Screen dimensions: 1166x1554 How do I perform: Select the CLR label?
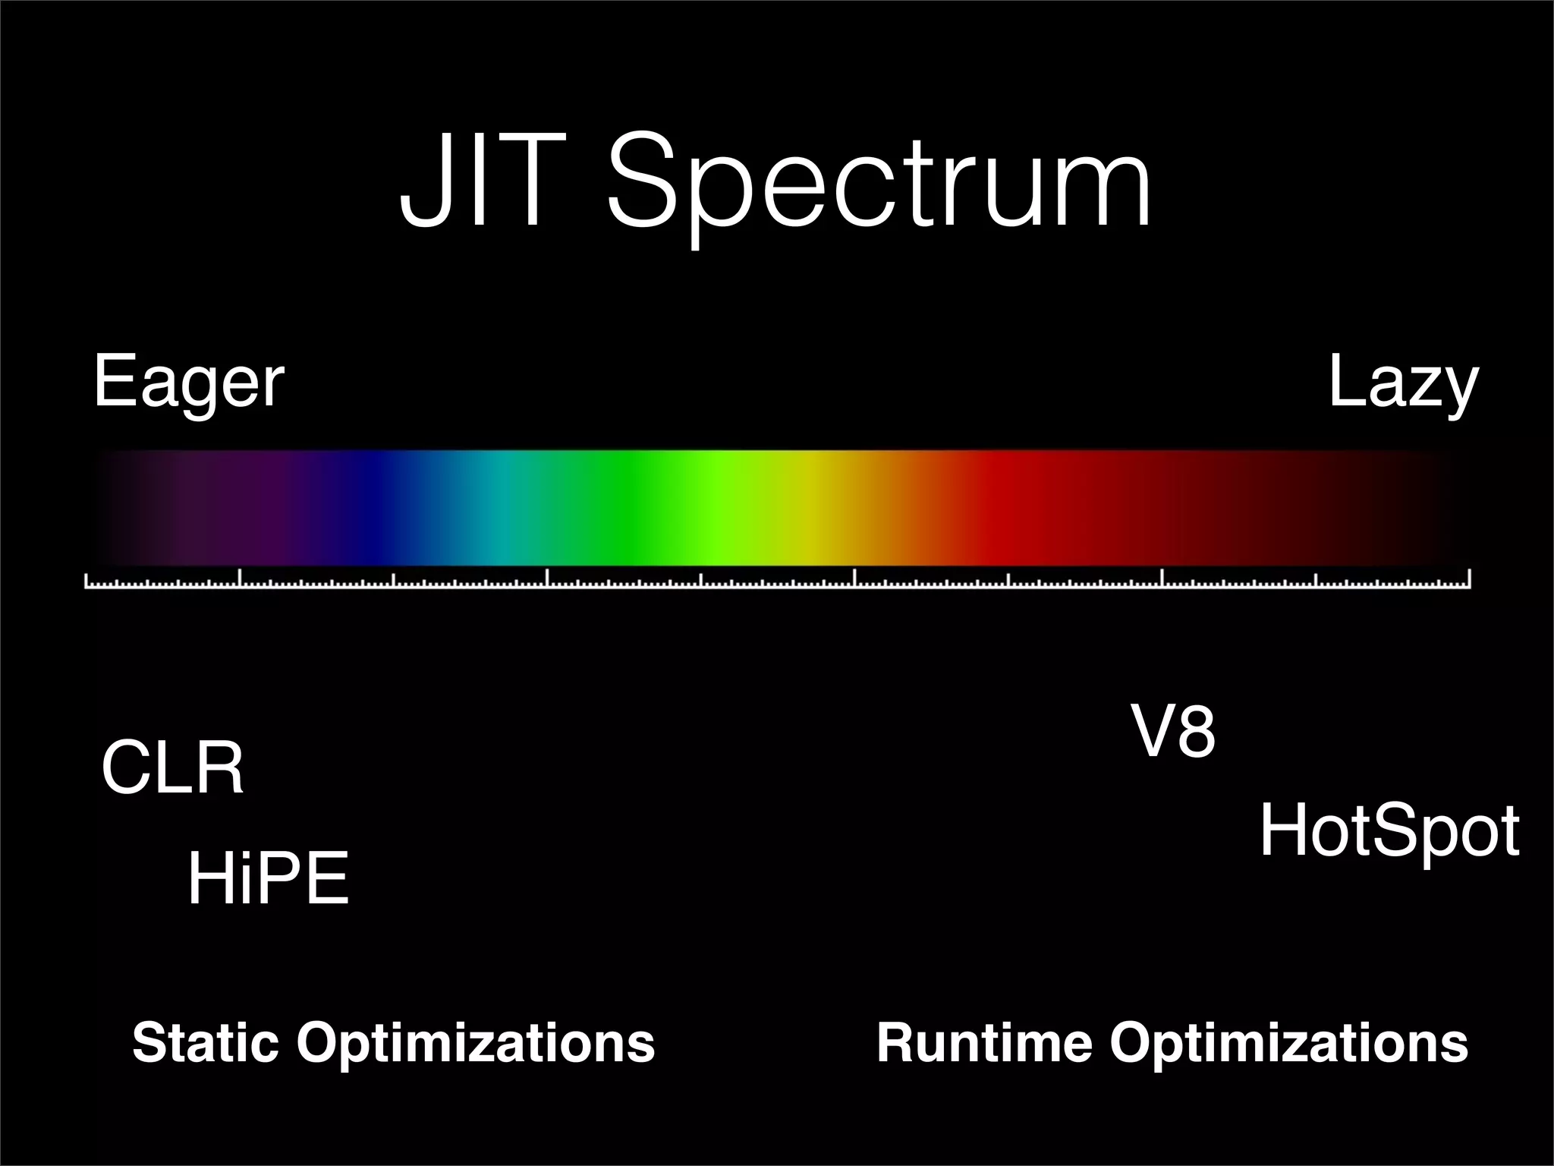coord(172,768)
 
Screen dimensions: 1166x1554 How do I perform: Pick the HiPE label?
coord(268,879)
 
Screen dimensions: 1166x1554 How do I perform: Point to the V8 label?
coord(1173,731)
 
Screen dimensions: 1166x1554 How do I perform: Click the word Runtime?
coord(983,1042)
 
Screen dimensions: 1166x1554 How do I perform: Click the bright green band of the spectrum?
coord(717,507)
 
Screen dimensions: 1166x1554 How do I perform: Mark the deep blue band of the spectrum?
coord(372,507)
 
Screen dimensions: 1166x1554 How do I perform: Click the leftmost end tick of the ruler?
coord(86,581)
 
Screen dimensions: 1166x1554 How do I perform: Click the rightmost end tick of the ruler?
coord(1470,579)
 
